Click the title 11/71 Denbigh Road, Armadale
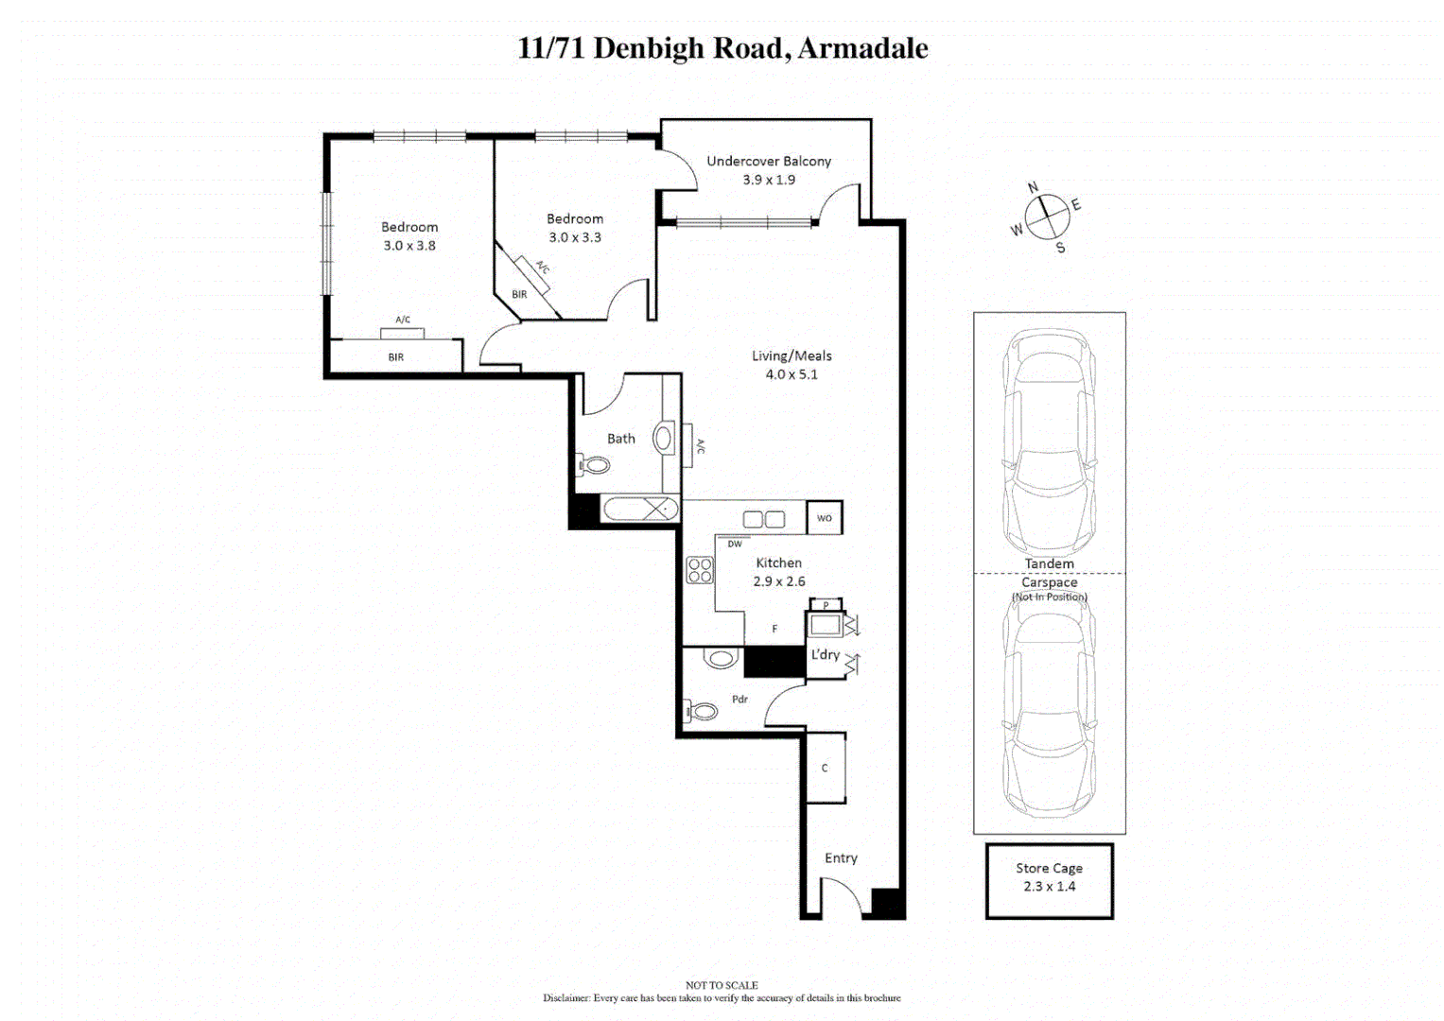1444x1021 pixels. click(722, 48)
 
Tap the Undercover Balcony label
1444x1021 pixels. click(769, 162)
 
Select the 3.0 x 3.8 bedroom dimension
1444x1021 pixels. click(409, 246)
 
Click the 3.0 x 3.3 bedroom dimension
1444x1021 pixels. click(575, 237)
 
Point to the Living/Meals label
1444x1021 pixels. click(792, 356)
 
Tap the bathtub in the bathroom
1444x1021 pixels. click(640, 510)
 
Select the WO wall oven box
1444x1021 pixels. click(825, 518)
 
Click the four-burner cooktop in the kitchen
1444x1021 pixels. click(700, 570)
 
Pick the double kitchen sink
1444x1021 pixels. click(764, 519)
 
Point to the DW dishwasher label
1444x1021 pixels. click(735, 544)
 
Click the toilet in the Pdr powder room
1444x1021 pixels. click(701, 710)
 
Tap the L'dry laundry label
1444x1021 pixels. click(825, 654)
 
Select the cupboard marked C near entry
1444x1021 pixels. click(826, 768)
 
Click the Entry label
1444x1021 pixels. click(841, 858)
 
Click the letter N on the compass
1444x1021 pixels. click(1033, 187)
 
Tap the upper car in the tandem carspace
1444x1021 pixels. click(1049, 440)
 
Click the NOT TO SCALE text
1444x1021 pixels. click(722, 985)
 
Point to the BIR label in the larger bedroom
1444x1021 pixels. click(395, 357)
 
